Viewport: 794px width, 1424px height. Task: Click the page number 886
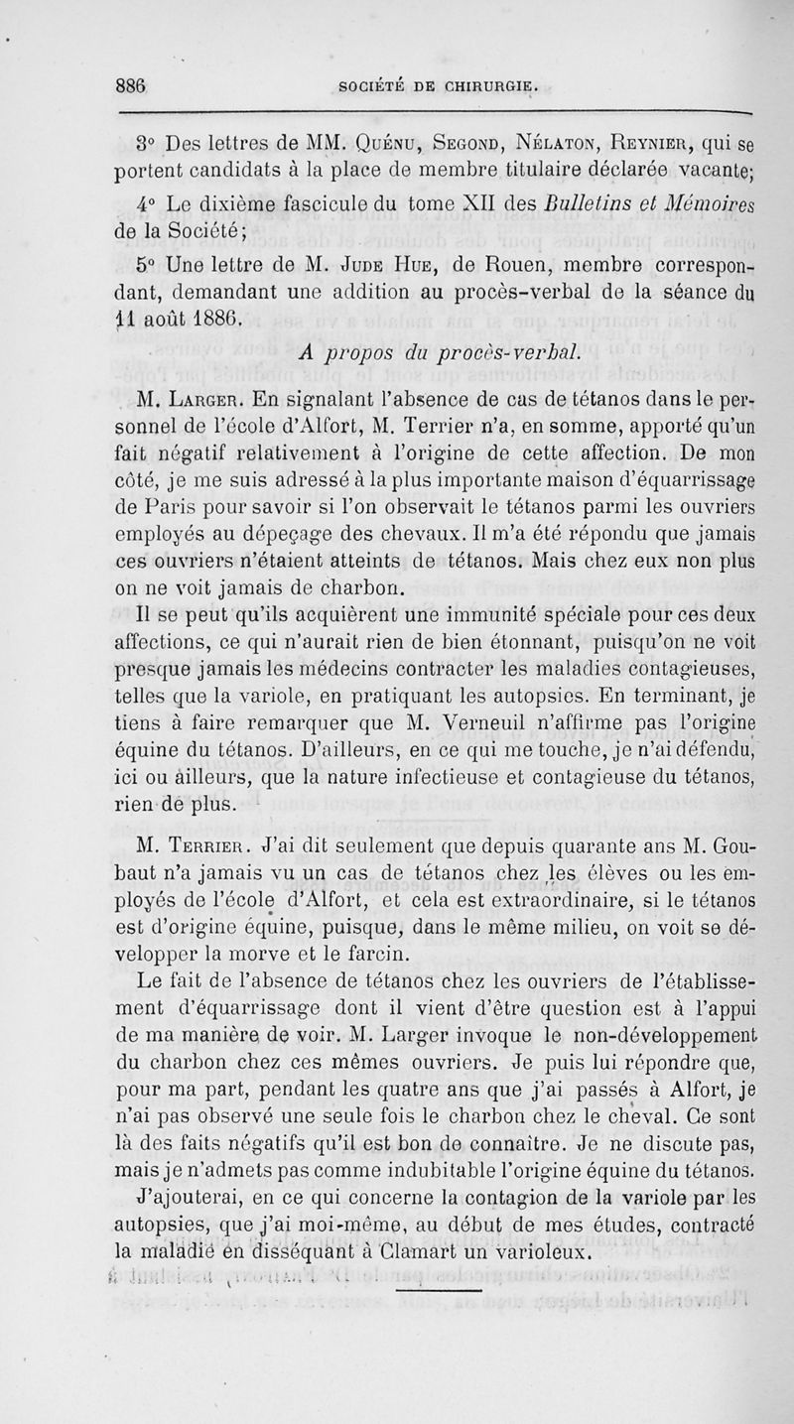(x=130, y=85)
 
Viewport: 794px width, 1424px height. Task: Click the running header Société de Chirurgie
(x=440, y=86)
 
